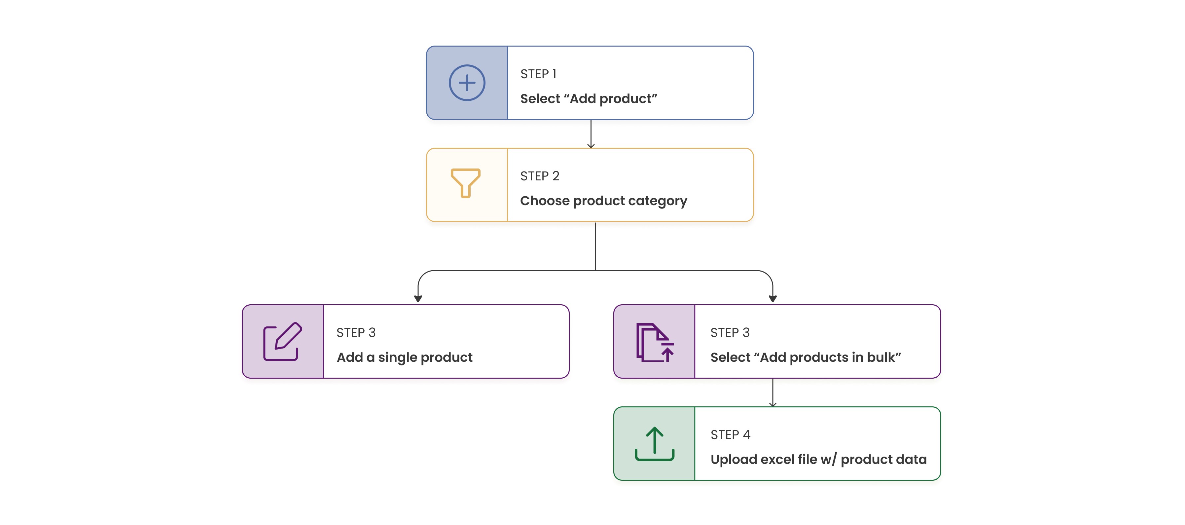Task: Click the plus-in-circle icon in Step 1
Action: pos(467,83)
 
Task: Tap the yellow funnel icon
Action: pos(466,183)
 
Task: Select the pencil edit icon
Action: pos(282,341)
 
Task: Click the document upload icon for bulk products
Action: pos(655,342)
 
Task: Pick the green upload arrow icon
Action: pos(655,444)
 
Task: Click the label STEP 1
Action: pos(538,74)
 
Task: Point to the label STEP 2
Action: pos(540,176)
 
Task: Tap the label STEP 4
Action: pos(730,435)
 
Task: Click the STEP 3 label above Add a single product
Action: pos(356,333)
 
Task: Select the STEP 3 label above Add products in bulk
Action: pos(730,333)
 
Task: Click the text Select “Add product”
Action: pos(588,98)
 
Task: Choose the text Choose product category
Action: pos(603,201)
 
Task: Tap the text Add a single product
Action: pos(404,357)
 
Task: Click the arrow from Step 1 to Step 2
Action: pos(591,134)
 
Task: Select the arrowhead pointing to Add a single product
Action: pos(418,299)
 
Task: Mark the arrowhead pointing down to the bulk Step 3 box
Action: pos(773,299)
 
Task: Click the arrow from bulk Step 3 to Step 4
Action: pos(773,393)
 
